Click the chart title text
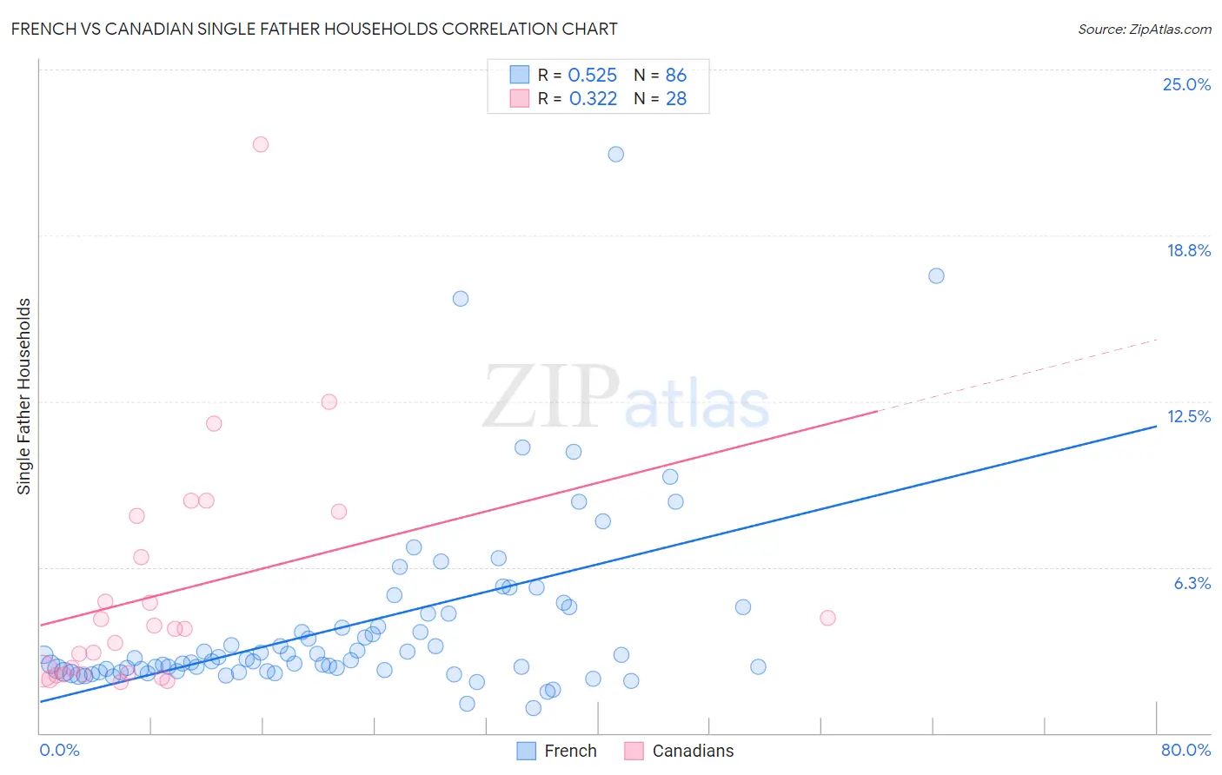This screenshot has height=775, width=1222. (x=314, y=29)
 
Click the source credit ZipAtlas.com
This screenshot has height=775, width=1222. (x=1144, y=29)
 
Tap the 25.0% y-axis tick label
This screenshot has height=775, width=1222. (x=1186, y=84)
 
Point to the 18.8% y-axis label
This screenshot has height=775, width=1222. (x=1188, y=250)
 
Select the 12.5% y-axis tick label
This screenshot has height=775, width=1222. (x=1188, y=416)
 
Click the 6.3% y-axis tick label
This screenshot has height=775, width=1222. (x=1192, y=583)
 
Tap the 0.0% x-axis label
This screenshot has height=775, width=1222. (x=59, y=750)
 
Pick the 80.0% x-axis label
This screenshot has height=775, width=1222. (x=1185, y=750)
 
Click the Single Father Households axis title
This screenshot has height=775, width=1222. (x=24, y=396)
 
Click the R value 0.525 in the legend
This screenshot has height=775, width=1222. (x=592, y=75)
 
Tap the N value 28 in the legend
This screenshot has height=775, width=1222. (x=676, y=98)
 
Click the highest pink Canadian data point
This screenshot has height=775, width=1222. (x=261, y=144)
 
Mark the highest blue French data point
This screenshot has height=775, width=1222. (x=616, y=154)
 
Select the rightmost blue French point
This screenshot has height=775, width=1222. (x=936, y=275)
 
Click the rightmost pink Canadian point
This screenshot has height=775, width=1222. (x=827, y=618)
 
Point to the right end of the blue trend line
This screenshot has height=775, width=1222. (x=1156, y=426)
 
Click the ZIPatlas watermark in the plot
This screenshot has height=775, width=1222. (x=626, y=398)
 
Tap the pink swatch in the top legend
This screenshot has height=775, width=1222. (x=520, y=98)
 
